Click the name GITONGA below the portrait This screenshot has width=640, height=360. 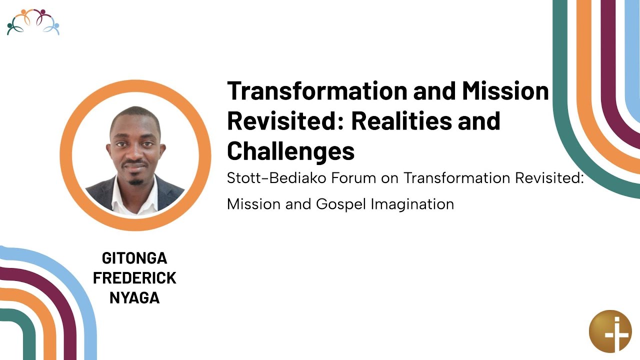click(134, 258)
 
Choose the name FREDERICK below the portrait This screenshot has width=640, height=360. click(134, 278)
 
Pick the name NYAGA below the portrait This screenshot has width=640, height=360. click(134, 298)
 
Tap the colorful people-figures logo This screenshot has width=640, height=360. click(33, 22)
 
